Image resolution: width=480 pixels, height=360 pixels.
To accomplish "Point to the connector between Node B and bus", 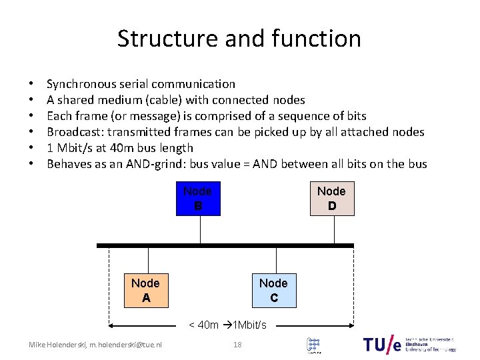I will (201, 230).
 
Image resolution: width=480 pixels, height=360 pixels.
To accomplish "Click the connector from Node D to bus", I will (334, 230).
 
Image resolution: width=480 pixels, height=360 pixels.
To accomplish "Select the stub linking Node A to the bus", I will (146, 261).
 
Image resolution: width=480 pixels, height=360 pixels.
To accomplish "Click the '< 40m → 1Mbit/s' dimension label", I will (227, 325).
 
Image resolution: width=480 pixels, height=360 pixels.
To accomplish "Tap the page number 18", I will (237, 345).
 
